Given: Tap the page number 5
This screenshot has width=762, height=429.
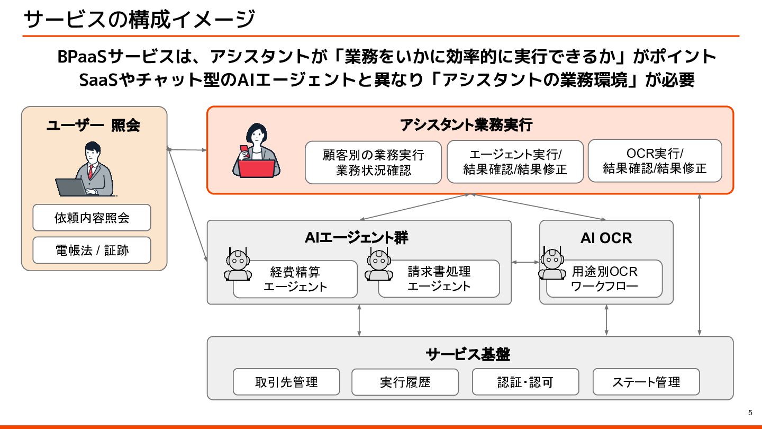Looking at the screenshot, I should click(750, 413).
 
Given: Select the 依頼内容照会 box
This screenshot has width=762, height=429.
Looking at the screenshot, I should click(92, 218).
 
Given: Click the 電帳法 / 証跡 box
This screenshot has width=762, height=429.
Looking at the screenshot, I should click(92, 251).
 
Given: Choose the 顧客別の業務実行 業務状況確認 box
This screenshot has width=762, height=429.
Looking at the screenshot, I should click(373, 163).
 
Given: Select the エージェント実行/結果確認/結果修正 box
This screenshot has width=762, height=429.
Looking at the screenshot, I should click(515, 162).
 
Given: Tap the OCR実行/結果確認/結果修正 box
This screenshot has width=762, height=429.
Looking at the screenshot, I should click(655, 161).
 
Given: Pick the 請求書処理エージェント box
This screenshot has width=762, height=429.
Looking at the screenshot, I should click(439, 279).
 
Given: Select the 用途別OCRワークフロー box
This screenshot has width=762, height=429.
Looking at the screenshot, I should click(605, 279).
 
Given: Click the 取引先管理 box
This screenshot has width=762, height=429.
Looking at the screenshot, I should click(286, 382).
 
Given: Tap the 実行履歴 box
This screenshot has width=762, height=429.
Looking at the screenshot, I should click(405, 382).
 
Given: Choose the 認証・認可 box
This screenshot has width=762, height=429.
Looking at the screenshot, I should click(525, 382).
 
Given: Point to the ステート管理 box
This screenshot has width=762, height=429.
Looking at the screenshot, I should click(646, 382).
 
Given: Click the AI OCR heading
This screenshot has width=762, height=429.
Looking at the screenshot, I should click(606, 238).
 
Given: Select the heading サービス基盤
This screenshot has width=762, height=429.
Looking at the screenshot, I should click(468, 354).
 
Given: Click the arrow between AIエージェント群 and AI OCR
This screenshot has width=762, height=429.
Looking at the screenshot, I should click(525, 262).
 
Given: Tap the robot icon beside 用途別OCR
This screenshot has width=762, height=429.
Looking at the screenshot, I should click(552, 263).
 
